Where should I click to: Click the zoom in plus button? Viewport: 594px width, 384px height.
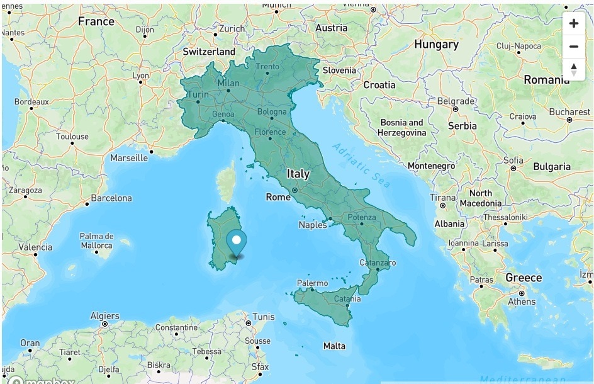click(x=573, y=24)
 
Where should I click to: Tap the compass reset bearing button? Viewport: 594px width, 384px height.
click(x=573, y=69)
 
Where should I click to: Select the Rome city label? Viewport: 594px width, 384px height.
click(x=278, y=197)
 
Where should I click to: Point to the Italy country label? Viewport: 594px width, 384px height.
click(x=298, y=174)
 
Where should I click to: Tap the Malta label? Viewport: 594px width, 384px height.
click(x=334, y=346)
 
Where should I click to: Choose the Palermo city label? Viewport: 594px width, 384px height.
click(x=312, y=284)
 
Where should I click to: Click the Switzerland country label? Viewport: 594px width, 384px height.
click(x=209, y=52)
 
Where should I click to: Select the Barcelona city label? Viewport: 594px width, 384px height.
click(x=111, y=198)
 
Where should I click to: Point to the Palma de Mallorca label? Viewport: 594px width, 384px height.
click(x=96, y=240)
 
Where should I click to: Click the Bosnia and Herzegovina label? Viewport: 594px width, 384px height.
click(x=401, y=127)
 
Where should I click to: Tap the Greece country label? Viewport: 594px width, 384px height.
click(x=523, y=278)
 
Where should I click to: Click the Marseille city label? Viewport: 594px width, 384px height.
click(x=129, y=158)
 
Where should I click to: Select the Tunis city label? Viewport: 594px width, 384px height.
click(x=263, y=317)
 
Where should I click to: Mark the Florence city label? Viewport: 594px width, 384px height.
click(x=270, y=132)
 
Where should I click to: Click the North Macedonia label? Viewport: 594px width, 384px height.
click(x=480, y=198)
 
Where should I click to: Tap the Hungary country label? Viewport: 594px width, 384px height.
click(x=436, y=45)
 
